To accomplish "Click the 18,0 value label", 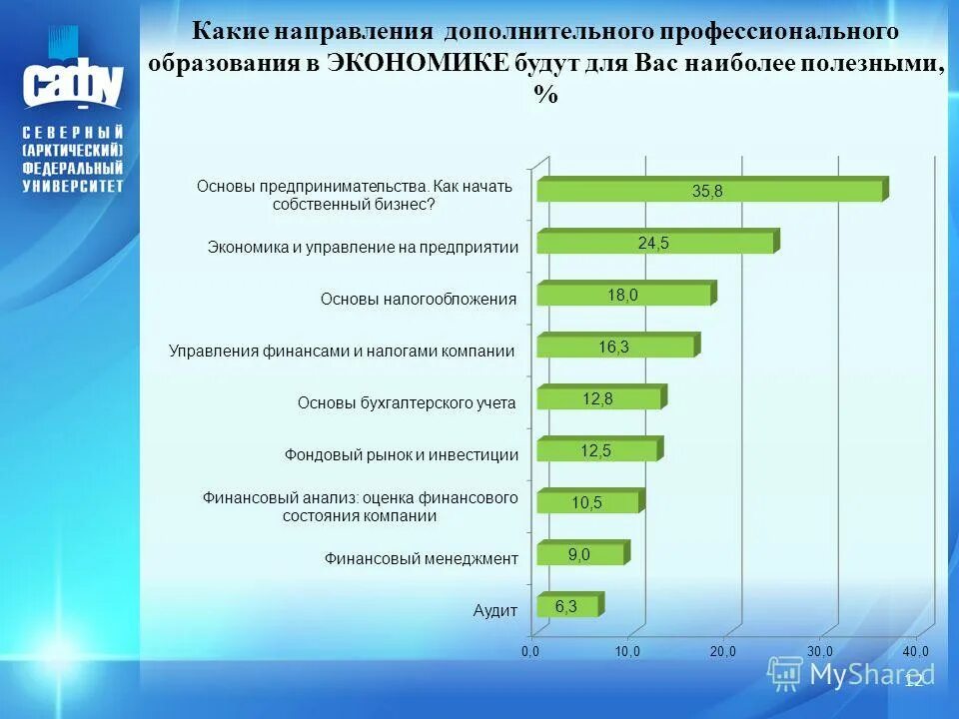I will pos(622,294).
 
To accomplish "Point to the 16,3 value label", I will pos(613,346).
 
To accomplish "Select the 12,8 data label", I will pos(597,397).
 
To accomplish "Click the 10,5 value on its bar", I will pos(586,502).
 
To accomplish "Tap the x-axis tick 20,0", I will pos(723,651).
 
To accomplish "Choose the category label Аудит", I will pos(495,611).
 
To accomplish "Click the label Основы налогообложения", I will pos(419,299).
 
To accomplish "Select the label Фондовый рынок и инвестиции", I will pos(402,454).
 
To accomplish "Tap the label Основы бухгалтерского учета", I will pos(407,402).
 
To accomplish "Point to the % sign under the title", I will pos(545,95).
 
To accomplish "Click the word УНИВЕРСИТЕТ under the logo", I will pos(74,186).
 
